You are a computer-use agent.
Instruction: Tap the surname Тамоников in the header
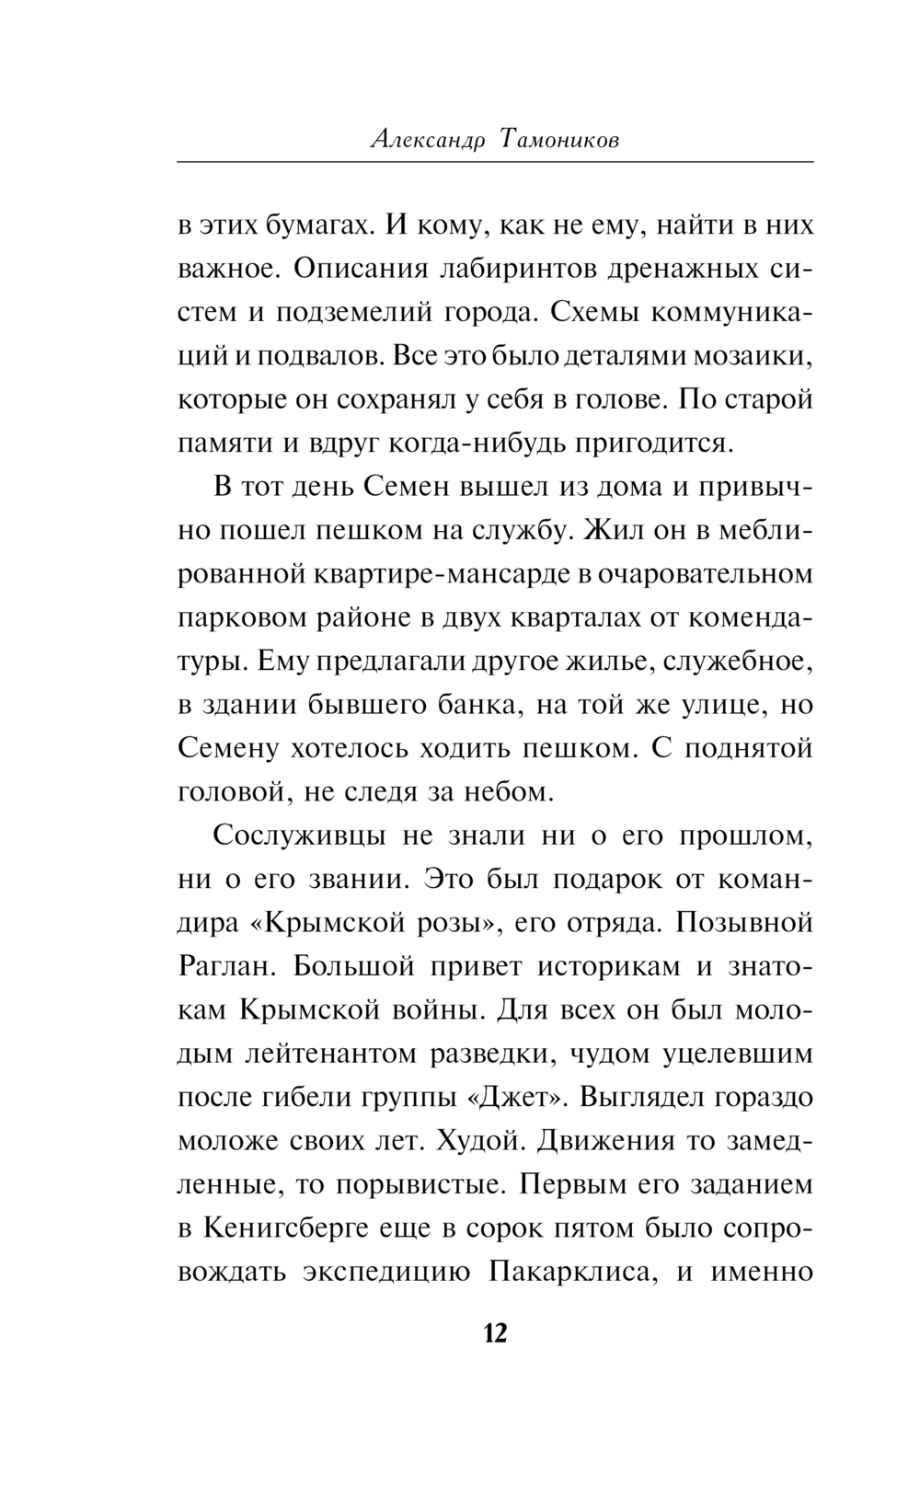click(x=559, y=140)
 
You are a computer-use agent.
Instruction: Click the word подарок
click(x=606, y=878)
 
